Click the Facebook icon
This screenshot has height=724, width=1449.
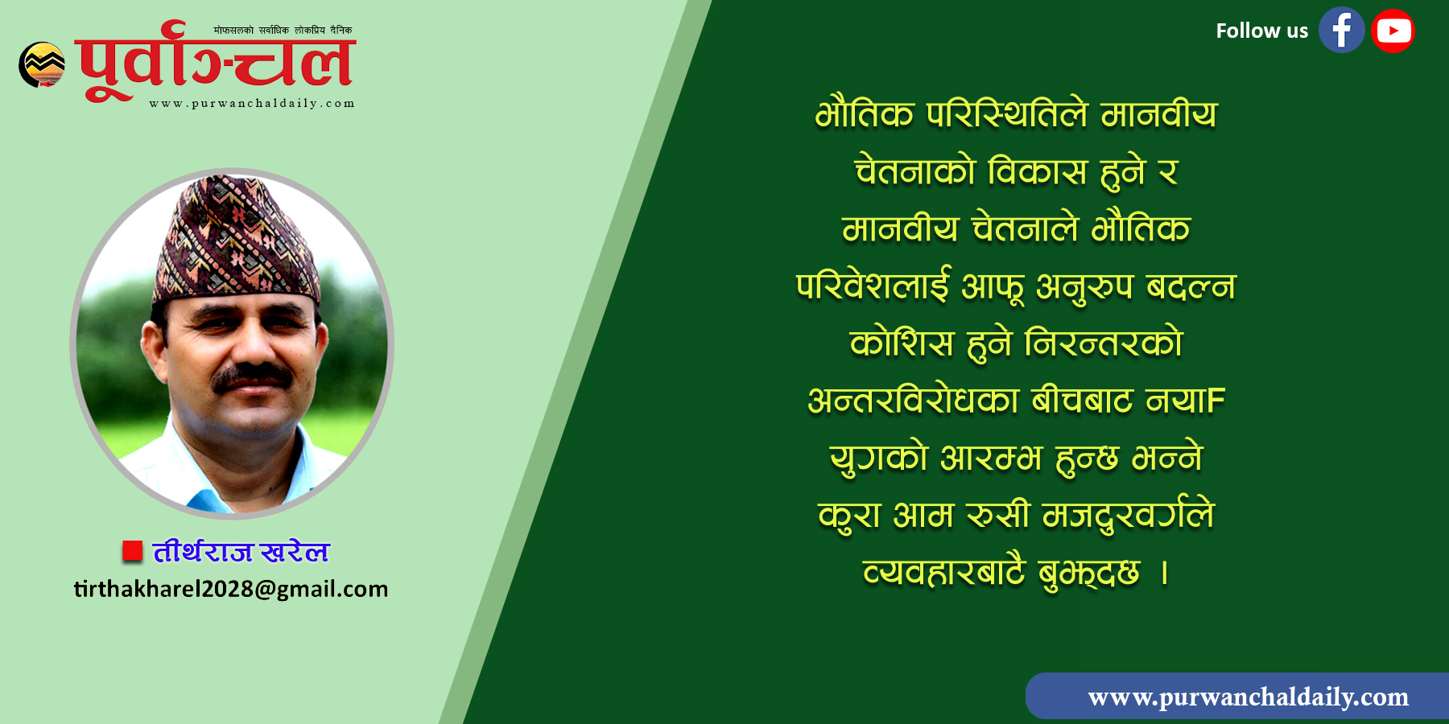[x=1341, y=31]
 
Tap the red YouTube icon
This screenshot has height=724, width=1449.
[x=1393, y=31]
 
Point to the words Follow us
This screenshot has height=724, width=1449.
[x=1261, y=31]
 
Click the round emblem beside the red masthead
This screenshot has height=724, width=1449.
[x=42, y=64]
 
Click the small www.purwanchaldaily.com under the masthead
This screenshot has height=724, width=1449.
[x=252, y=103]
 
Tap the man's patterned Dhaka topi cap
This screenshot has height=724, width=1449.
[x=237, y=239]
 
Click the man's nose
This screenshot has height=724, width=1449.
[x=251, y=344]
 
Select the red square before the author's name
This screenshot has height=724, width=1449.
[x=132, y=551]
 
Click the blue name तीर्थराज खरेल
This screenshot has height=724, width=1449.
[x=241, y=552]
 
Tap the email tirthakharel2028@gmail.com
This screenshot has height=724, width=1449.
[x=231, y=589]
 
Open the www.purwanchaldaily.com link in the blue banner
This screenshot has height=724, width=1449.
[x=1249, y=697]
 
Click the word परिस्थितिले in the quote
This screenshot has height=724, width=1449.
[x=1007, y=114]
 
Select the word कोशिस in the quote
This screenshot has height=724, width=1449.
[x=902, y=343]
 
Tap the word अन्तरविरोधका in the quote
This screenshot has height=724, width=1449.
[x=914, y=401]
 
